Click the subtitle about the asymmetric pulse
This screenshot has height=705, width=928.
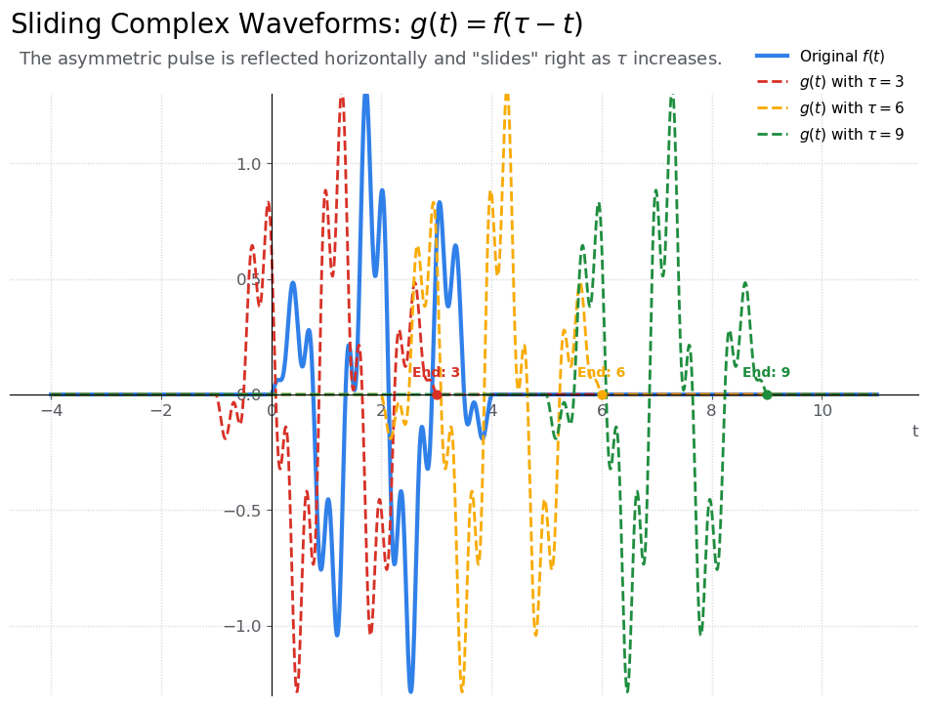pyautogui.click(x=370, y=59)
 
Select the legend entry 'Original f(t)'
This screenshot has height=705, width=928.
pyautogui.click(x=841, y=57)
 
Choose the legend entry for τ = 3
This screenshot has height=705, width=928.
pyautogui.click(x=851, y=82)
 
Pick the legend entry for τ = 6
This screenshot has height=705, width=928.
pyautogui.click(x=851, y=108)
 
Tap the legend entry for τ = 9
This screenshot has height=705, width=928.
pyautogui.click(x=851, y=135)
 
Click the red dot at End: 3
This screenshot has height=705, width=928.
pyautogui.click(x=437, y=394)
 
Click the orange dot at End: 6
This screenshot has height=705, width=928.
pyautogui.click(x=602, y=394)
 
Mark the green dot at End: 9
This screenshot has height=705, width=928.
pyautogui.click(x=767, y=394)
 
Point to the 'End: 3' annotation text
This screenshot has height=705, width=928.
pyautogui.click(x=436, y=373)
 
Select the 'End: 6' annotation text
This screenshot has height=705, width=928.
pyautogui.click(x=601, y=373)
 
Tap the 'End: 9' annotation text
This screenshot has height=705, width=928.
pyautogui.click(x=766, y=373)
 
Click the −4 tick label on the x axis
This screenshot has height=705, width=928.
pyautogui.click(x=52, y=411)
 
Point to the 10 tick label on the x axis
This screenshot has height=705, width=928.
pyautogui.click(x=823, y=411)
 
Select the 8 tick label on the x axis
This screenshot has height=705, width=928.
pyautogui.click(x=712, y=411)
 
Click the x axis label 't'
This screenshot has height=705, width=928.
pyautogui.click(x=915, y=432)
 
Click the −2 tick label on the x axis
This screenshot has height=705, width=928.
pyautogui.click(x=161, y=411)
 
